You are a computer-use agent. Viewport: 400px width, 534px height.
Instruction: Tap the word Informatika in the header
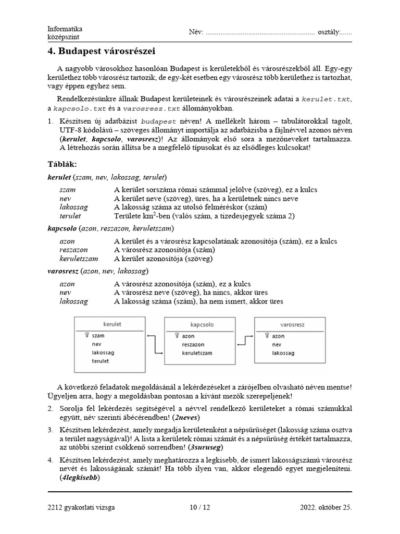(65, 29)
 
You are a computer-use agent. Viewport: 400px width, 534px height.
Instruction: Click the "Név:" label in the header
(196, 32)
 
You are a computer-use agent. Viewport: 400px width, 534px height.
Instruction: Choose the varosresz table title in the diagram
(292, 324)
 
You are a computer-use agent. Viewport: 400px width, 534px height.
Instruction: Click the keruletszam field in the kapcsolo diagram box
(197, 353)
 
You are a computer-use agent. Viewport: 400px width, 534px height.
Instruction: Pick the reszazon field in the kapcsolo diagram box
(193, 345)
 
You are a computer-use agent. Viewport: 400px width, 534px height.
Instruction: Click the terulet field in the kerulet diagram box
(101, 361)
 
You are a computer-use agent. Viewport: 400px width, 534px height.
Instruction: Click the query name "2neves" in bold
(187, 418)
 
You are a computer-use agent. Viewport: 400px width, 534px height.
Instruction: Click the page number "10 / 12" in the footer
(199, 507)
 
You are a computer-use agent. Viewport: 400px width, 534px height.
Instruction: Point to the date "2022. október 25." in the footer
(326, 507)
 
